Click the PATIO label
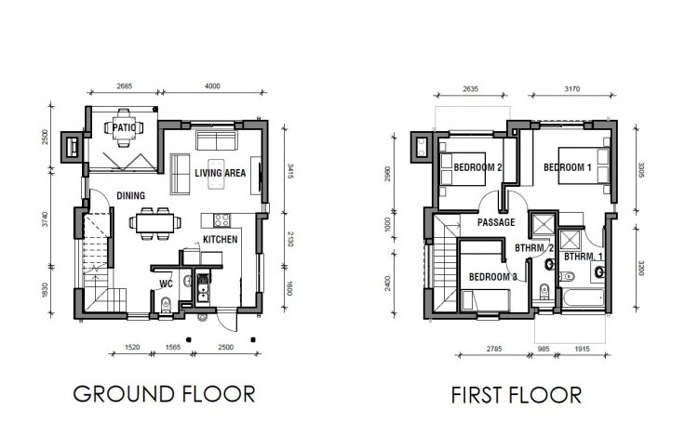124,127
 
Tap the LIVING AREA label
221,173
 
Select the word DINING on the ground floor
131,195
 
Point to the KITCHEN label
221,240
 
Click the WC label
166,284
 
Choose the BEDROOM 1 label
568,167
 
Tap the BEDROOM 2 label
478,167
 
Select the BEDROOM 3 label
493,277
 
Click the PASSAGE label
496,222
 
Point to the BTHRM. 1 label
584,257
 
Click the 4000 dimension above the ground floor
212,86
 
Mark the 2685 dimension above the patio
125,86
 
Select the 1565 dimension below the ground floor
173,347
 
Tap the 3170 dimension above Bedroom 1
572,89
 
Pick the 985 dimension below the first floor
544,349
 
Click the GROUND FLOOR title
164,394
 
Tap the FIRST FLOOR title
517,395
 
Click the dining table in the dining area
154,223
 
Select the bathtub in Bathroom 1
584,297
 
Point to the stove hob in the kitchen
221,220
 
